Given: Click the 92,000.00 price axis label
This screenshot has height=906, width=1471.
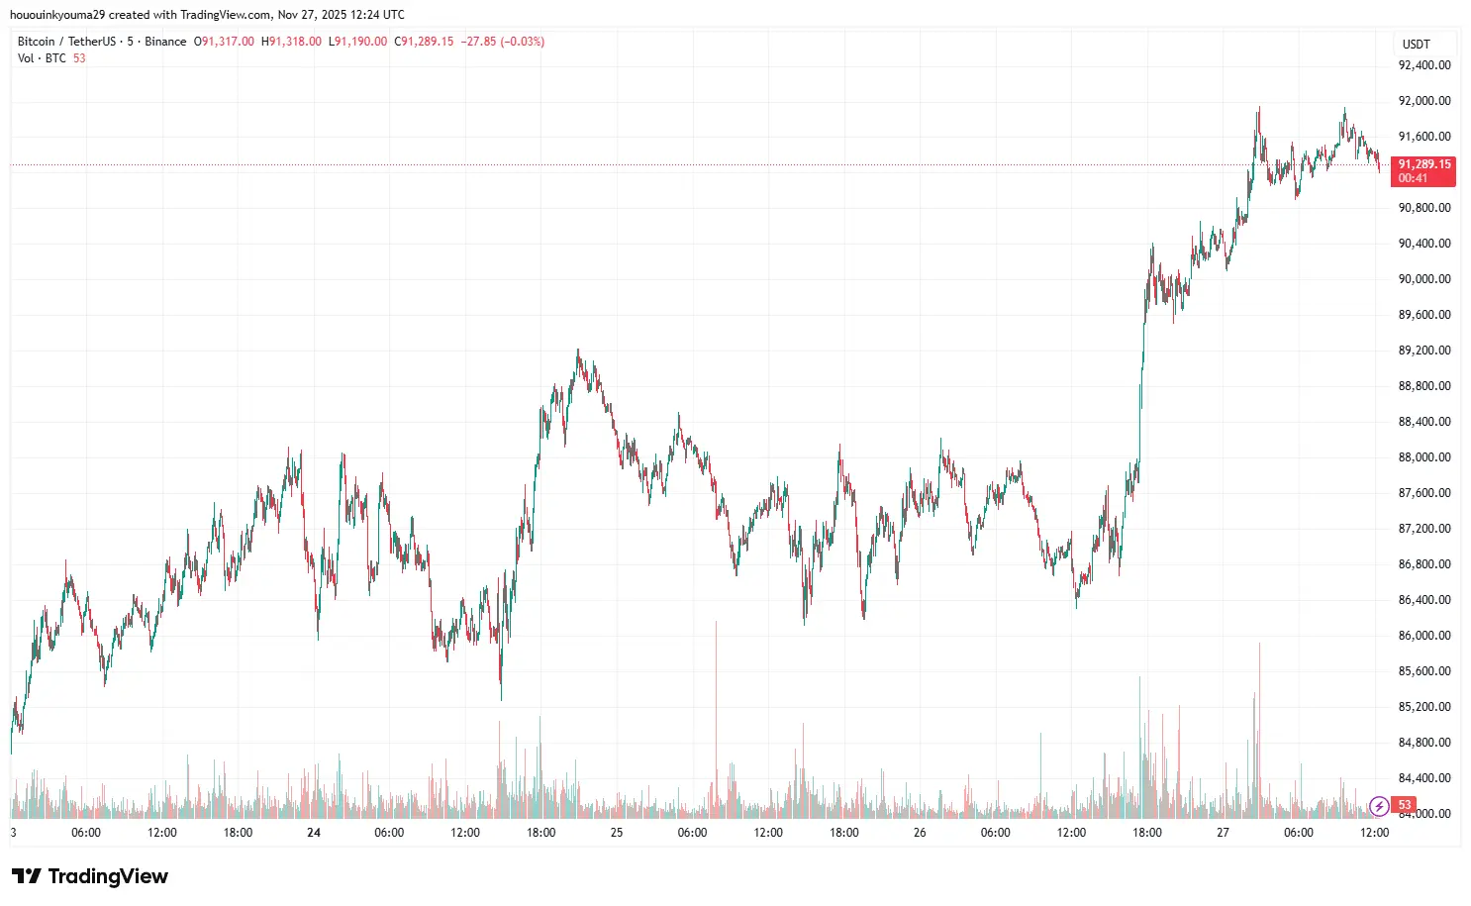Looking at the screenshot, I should tap(1423, 101).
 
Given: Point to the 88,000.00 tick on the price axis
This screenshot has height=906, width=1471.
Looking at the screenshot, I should tap(1423, 457).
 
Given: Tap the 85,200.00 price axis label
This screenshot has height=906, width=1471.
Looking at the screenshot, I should tap(1423, 707).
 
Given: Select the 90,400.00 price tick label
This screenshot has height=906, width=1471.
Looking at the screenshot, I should tap(1423, 244).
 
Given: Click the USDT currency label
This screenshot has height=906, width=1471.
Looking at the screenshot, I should tap(1417, 44).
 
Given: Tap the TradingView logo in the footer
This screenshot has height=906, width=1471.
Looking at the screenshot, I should tap(90, 876).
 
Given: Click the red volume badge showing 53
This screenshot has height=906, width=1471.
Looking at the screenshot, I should tap(1404, 805).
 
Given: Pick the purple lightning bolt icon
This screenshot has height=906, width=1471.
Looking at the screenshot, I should tap(1379, 806).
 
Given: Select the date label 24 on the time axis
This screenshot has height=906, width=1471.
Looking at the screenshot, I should tap(314, 833).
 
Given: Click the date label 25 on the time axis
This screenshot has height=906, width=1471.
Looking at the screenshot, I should tap(617, 833).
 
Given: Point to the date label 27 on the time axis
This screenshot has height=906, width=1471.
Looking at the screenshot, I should tap(1223, 833).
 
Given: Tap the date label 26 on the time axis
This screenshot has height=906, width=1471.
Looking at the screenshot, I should tap(920, 833).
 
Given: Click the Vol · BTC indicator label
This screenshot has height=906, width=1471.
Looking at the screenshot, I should tap(42, 58).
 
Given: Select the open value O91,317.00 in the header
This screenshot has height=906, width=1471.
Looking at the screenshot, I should tap(224, 42).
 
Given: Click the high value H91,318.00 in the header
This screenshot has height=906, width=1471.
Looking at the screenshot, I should tap(291, 42).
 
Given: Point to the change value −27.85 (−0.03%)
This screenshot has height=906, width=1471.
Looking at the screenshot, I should tap(502, 42).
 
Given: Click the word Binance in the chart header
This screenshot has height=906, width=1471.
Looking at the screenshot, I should tap(165, 42).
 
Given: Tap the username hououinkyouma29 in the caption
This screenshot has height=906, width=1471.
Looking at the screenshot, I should tap(56, 15).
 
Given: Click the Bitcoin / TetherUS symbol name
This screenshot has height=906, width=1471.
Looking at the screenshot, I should tap(66, 42).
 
